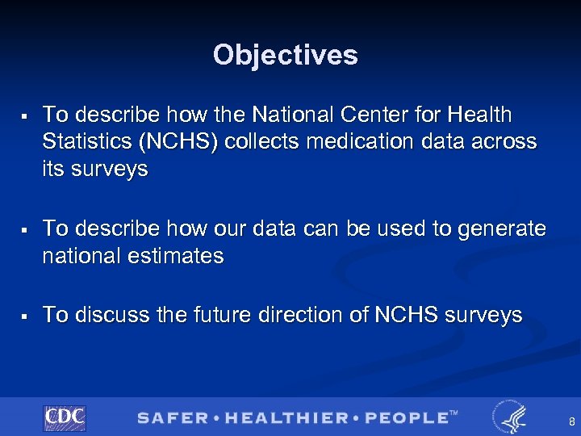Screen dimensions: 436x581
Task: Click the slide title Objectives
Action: (x=285, y=55)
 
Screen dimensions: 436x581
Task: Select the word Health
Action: (x=481, y=115)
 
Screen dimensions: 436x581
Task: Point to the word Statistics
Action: (x=88, y=141)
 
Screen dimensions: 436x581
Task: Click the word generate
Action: (x=500, y=229)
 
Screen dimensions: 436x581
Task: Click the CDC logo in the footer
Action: (x=65, y=417)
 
